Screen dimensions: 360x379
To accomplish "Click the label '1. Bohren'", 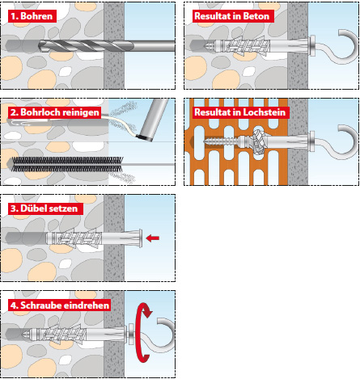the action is pyautogui.click(x=32, y=16).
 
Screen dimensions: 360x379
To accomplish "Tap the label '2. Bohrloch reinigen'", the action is pyautogui.click(x=54, y=112).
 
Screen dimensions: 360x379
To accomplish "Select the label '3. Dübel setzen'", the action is pyautogui.click(x=45, y=208).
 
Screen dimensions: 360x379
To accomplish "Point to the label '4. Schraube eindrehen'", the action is pyautogui.click(x=59, y=305).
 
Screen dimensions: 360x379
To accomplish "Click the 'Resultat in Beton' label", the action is pyautogui.click(x=233, y=16).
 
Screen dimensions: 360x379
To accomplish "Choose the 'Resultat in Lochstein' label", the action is pyautogui.click(x=240, y=112).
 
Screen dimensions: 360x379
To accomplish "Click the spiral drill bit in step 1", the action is pyautogui.click(x=107, y=46).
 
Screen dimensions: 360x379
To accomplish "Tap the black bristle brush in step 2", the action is pyautogui.click(x=66, y=164).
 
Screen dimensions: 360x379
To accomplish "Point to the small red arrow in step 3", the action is pyautogui.click(x=153, y=238).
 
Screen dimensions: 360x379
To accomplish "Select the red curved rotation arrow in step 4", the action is pyautogui.click(x=143, y=333).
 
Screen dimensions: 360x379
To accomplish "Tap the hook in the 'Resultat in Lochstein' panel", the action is pyautogui.click(x=337, y=144).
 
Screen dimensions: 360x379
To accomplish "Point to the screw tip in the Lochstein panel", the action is pyautogui.click(x=205, y=141).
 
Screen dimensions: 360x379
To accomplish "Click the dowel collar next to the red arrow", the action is pyautogui.click(x=140, y=238).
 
